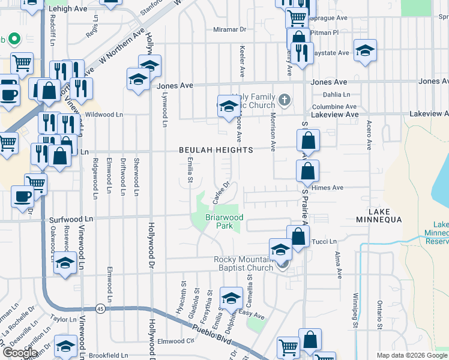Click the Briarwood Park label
[224, 222]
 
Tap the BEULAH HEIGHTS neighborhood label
[215, 150]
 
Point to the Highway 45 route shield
[100, 308]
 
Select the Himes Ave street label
[327, 188]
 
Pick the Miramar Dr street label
[230, 29]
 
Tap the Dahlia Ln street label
[336, 94]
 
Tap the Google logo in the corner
[20, 353]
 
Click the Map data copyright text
[412, 355]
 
